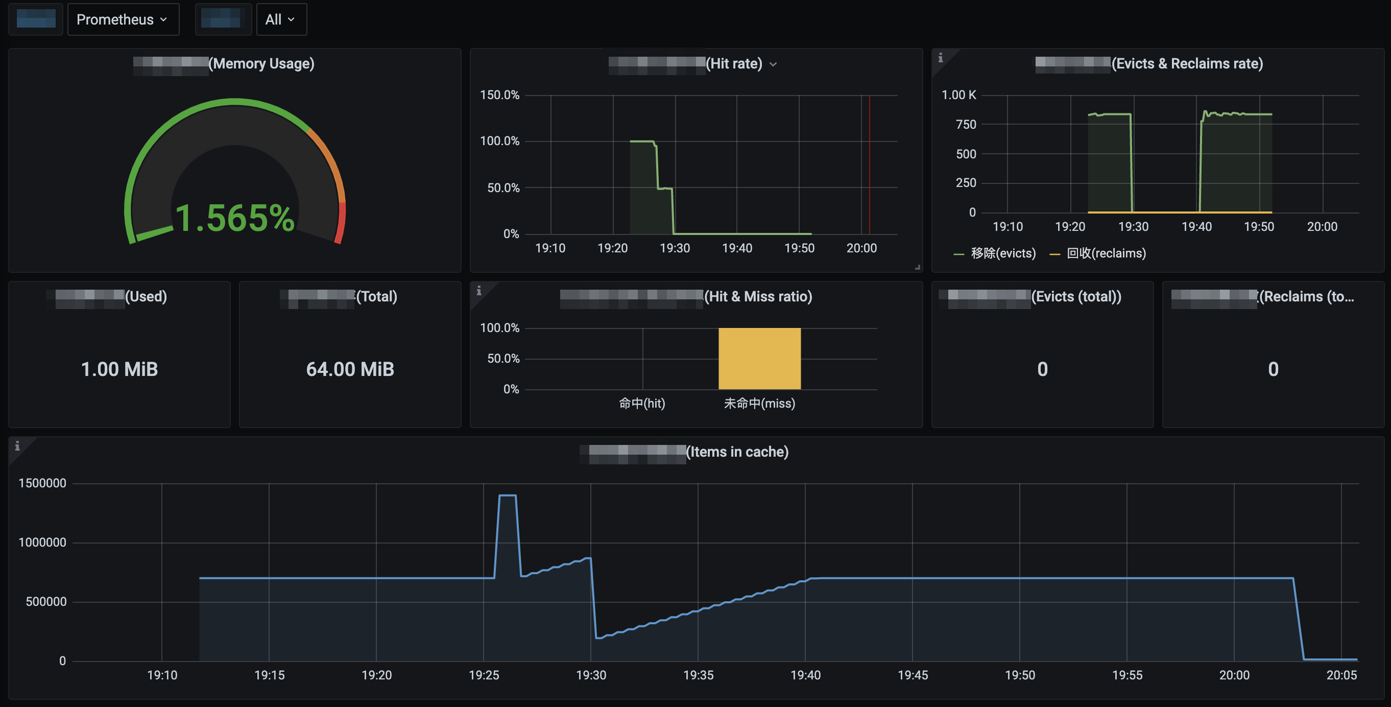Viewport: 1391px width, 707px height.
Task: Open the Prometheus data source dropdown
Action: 123,19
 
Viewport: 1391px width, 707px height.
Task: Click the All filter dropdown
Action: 281,19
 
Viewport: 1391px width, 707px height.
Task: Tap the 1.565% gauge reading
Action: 235,218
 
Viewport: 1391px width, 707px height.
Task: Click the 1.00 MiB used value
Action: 119,369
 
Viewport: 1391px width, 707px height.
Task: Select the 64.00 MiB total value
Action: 350,369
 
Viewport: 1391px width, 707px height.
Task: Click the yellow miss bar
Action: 759,358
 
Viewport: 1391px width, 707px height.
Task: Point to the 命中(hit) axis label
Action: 641,404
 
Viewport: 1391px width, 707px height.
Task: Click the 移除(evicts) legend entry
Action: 1003,253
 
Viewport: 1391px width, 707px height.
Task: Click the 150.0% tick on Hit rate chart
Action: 499,95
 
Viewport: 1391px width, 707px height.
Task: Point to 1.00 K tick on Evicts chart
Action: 958,95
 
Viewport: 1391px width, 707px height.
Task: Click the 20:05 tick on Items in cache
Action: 1341,675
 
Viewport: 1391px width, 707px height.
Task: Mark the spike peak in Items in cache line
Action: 508,496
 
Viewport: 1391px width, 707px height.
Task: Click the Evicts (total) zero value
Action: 1042,369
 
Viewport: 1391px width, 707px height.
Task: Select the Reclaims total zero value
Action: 1273,369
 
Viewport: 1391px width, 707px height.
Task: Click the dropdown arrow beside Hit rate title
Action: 773,64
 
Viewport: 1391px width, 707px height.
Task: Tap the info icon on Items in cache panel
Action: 17,445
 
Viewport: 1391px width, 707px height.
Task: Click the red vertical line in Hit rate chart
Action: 869,162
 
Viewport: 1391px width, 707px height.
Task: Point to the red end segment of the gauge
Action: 341,221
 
